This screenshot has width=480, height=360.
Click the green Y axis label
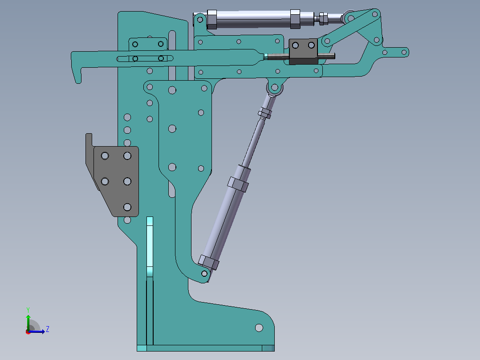[28, 310]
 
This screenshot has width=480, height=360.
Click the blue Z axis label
[48, 329]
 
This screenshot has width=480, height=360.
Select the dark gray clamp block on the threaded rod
[303, 51]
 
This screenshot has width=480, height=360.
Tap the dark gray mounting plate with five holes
[116, 181]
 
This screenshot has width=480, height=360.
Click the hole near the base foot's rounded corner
[259, 328]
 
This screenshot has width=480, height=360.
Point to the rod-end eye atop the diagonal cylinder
[275, 88]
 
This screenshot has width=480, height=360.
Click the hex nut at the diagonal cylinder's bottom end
[209, 262]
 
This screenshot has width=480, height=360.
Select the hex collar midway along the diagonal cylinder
[238, 184]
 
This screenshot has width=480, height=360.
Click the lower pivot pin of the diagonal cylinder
[204, 274]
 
